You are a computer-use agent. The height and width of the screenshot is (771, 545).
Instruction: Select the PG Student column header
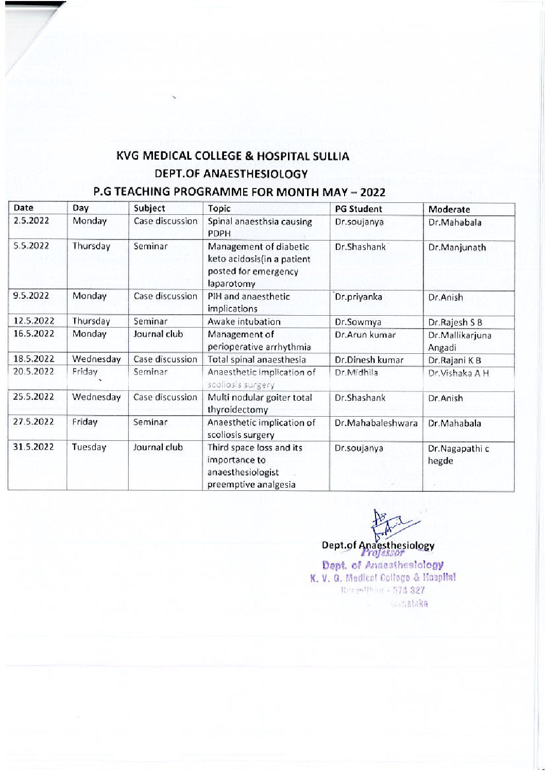tap(359, 209)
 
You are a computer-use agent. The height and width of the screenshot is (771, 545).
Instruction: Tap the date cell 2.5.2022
tap(31, 221)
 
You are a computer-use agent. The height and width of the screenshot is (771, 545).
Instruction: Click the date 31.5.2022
tap(33, 447)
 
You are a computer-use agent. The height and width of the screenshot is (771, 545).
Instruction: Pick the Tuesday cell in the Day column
tap(89, 447)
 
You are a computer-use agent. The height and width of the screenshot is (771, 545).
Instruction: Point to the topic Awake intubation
tap(244, 322)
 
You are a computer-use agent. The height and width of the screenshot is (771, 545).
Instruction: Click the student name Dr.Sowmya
tap(358, 322)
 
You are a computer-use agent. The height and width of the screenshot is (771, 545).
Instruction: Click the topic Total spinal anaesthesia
tap(257, 360)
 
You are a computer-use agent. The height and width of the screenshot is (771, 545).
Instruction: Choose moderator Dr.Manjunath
tap(457, 247)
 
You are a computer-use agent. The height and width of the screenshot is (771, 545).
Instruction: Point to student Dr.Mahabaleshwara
tap(376, 423)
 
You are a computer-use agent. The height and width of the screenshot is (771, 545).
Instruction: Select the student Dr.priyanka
tap(359, 297)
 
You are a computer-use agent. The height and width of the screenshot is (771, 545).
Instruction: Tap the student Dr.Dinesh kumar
tap(369, 360)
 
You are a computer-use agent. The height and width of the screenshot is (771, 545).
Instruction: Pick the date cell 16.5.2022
tap(33, 334)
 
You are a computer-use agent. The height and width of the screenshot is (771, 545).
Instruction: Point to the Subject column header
tap(149, 209)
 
